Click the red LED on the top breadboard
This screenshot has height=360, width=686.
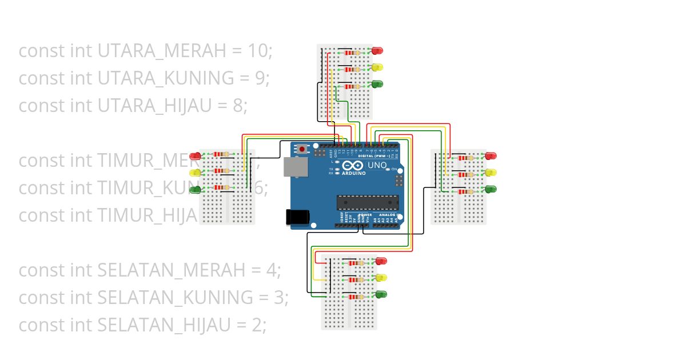tap(377, 50)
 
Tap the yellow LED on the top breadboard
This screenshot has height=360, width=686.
tap(377, 67)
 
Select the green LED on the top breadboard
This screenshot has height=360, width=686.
tap(377, 84)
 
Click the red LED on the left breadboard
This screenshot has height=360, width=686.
tap(195, 155)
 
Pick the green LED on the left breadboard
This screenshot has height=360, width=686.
tap(195, 189)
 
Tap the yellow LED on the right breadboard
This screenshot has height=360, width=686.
tap(490, 172)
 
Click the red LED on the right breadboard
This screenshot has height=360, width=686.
tap(490, 155)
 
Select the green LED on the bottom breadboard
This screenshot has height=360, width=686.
tap(381, 295)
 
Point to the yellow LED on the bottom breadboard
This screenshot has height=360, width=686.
tap(381, 278)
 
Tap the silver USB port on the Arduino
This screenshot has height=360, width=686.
tap(296, 167)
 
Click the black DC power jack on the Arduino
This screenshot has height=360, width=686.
tap(297, 217)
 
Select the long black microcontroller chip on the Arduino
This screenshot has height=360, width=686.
tap(367, 202)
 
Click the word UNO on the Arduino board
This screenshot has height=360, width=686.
tap(377, 165)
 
